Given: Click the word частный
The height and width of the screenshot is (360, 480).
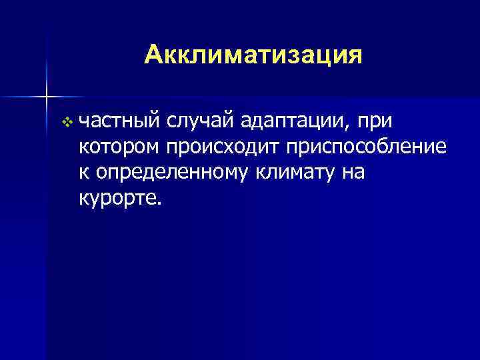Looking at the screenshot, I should (117, 122).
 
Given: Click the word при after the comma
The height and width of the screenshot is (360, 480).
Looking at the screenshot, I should (375, 122).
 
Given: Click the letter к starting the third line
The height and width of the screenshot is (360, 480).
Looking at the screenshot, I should (83, 173).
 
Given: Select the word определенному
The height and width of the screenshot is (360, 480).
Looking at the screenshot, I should (172, 173).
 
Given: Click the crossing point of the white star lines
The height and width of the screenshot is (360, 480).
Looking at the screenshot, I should (47, 97).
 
